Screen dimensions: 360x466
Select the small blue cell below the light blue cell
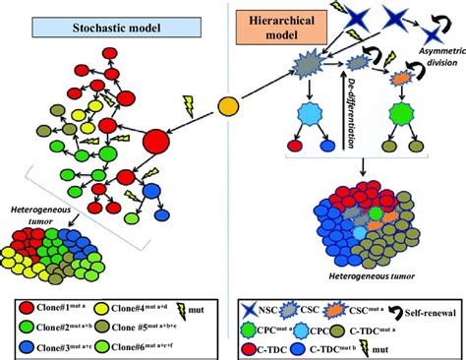pyautogui.click(x=325, y=174)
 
